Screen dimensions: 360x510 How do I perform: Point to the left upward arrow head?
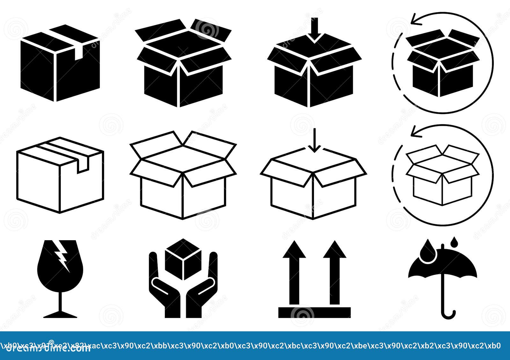(294, 250)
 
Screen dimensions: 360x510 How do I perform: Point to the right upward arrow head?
(334, 250)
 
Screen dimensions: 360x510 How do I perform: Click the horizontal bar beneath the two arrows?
(314, 313)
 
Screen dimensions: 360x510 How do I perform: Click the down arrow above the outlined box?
(315, 142)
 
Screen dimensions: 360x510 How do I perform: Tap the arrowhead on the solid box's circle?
(416, 20)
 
